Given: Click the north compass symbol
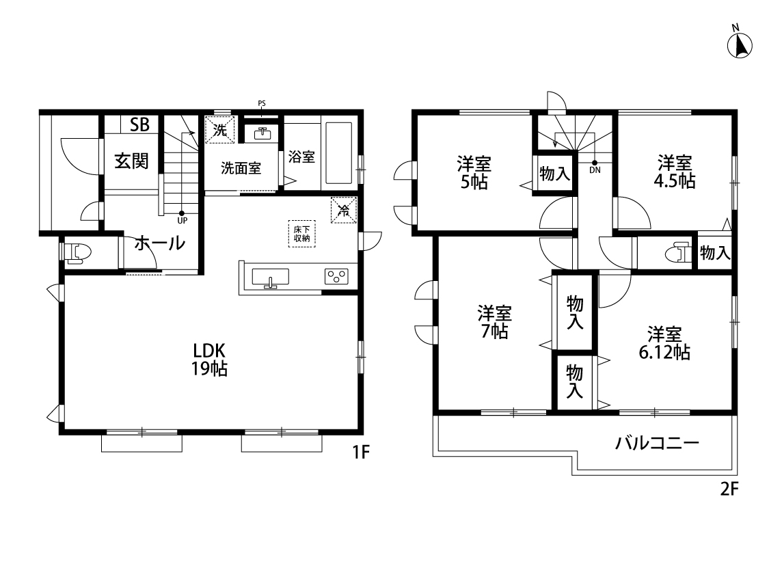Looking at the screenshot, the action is (x=740, y=44).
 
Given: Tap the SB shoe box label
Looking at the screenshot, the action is (x=139, y=124).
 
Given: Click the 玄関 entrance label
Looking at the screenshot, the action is (x=131, y=161).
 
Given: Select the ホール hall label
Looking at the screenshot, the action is (x=160, y=243).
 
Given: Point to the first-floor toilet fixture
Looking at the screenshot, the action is (x=77, y=252).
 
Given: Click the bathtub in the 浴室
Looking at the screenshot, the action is (x=338, y=152).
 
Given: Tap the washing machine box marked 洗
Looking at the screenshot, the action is (x=219, y=129).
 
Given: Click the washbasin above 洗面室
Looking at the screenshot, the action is (x=263, y=133).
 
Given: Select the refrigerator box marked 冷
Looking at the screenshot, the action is (x=344, y=210).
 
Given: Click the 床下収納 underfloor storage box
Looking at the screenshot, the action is (x=301, y=233).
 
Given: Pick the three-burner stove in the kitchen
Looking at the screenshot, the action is (x=336, y=276).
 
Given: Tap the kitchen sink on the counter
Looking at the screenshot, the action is (x=270, y=278).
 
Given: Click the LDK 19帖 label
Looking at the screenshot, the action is (x=209, y=360).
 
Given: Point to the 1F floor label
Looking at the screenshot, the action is (x=361, y=452).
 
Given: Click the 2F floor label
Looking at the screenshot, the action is (x=729, y=489).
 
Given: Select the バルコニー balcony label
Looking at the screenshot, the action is (x=657, y=444).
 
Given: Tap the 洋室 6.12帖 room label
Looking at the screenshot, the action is (x=664, y=343).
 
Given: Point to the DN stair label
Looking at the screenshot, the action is (x=595, y=170).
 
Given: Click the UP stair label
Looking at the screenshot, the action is (x=183, y=221).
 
